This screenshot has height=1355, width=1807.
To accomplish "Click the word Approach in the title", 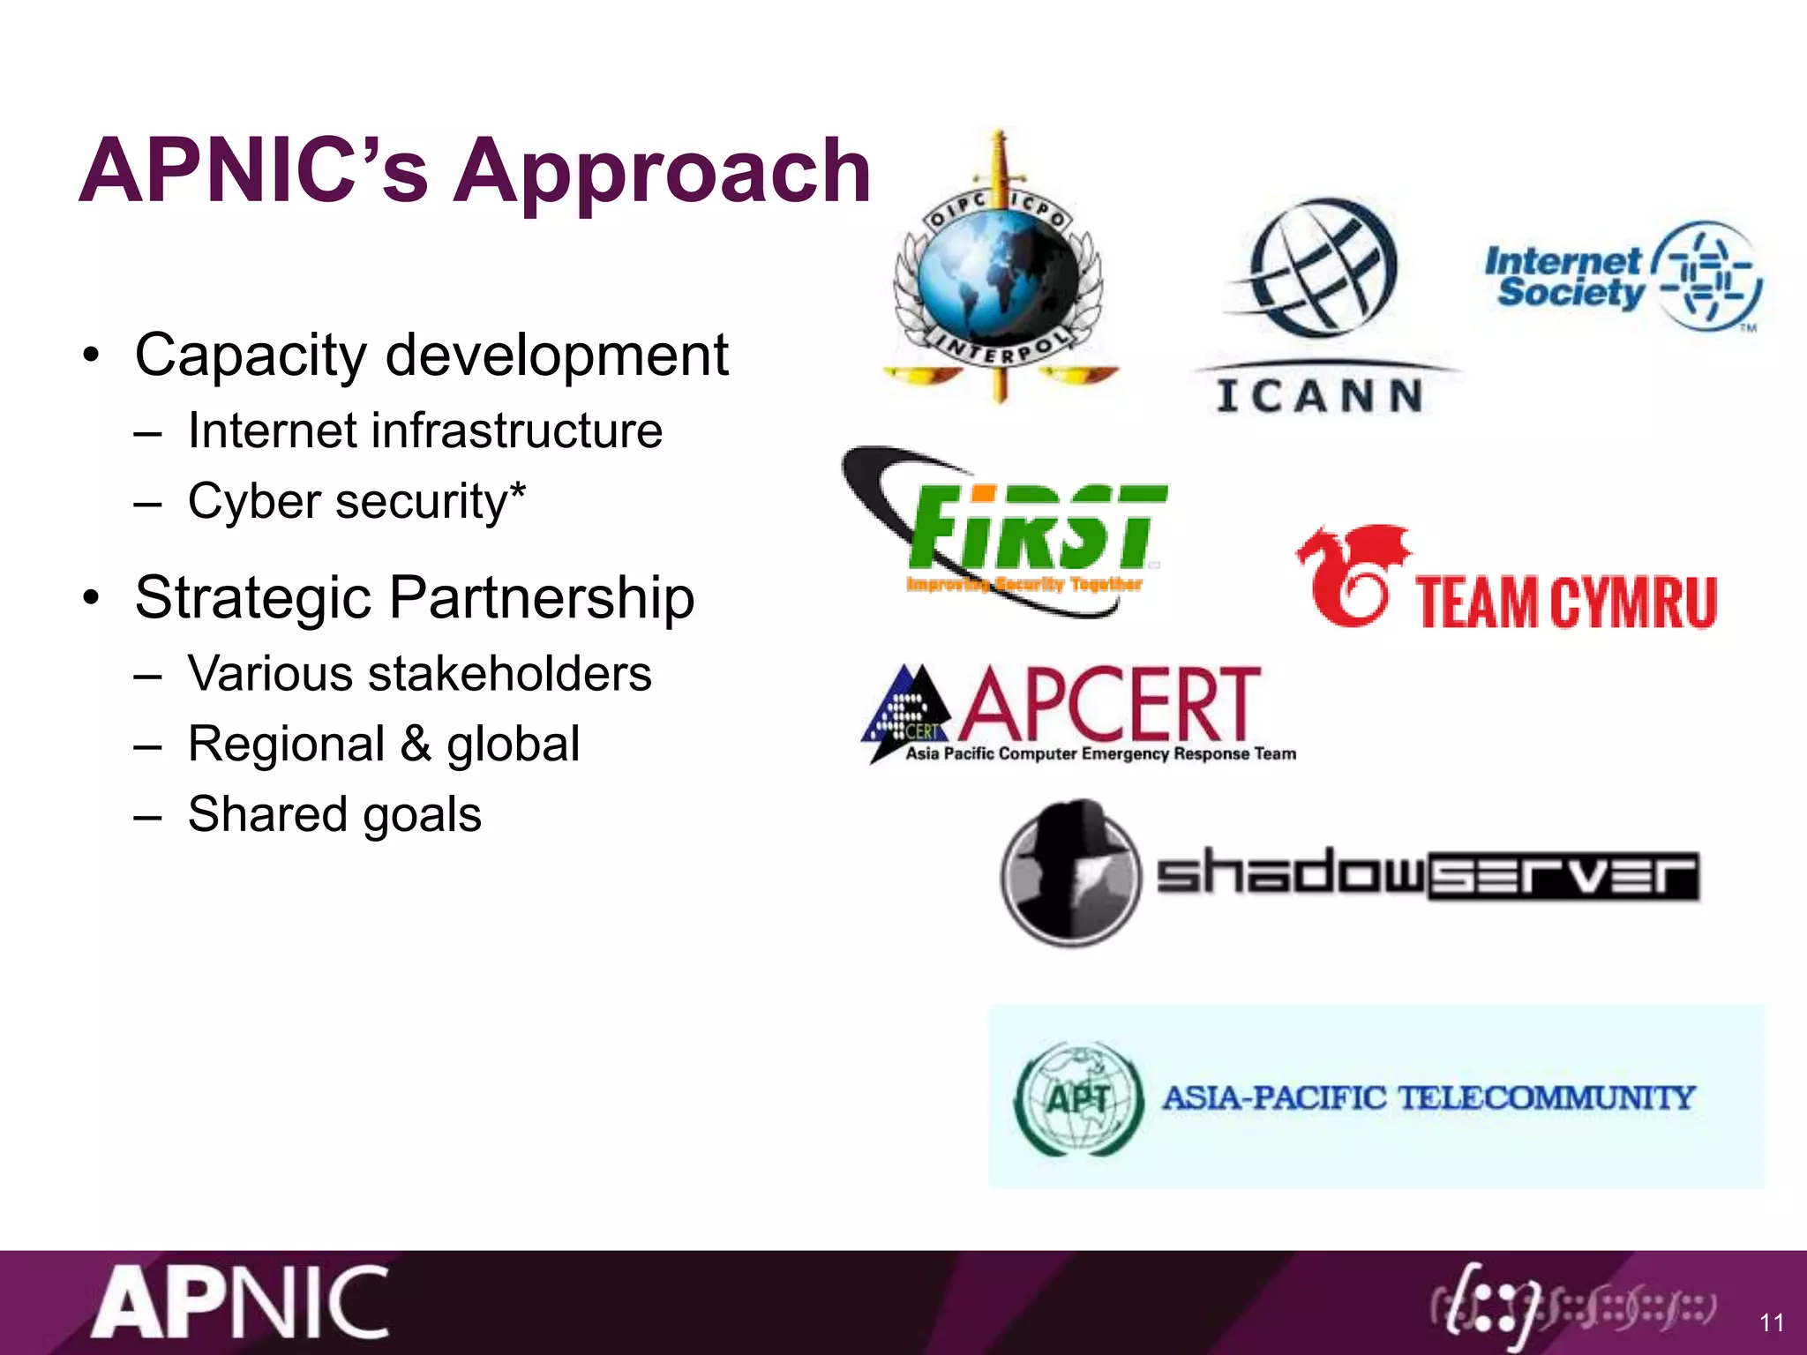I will coord(662,172).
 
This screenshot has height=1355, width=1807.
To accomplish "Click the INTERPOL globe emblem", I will coord(997,273).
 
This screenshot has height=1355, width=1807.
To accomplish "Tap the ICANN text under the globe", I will coord(1319,395).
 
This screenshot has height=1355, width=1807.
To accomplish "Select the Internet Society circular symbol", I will coord(1707,275).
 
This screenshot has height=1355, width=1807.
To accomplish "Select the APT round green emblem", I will coord(1078,1098).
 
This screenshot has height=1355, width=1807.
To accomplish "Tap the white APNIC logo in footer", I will coord(240,1303).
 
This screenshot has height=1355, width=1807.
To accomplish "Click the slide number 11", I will coord(1771,1322).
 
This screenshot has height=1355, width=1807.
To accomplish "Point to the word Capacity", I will coord(250,356).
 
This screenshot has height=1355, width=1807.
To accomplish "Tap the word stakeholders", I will coord(509,674).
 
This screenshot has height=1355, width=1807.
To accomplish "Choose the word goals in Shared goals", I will coord(422,814).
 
